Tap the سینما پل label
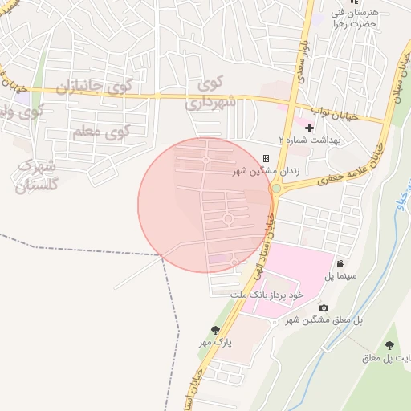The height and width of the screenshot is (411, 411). click(x=340, y=277)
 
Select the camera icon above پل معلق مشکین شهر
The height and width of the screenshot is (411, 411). click(x=324, y=308)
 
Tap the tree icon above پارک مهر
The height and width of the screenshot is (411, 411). click(x=214, y=330)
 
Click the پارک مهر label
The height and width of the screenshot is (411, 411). click(x=216, y=342)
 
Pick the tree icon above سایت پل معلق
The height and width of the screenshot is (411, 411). click(x=389, y=344)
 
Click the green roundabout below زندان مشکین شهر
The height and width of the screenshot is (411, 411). click(x=276, y=189)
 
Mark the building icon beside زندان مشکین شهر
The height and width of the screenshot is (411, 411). click(x=267, y=158)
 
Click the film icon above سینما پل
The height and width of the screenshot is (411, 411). click(x=341, y=264)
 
